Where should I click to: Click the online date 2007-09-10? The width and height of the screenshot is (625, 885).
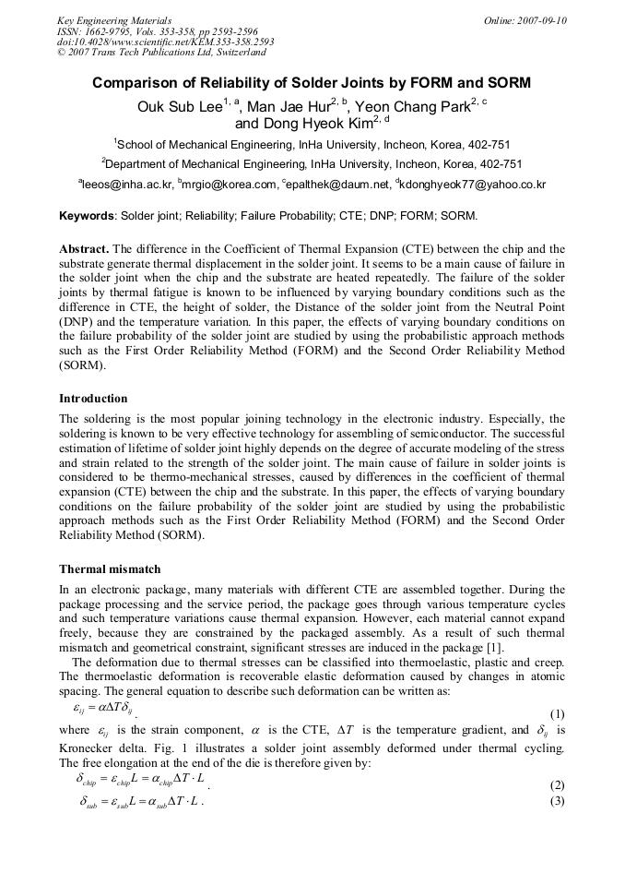537,20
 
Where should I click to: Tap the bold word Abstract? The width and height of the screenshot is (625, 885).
84,250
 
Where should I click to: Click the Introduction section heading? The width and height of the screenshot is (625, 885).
93,399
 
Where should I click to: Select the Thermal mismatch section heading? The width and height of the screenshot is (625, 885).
111,569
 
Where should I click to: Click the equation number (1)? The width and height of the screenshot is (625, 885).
557,714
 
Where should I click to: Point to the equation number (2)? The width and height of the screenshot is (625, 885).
557,785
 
